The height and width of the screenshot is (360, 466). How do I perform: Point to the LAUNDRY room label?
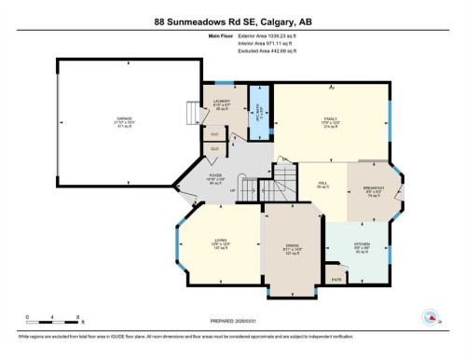[x=222, y=104]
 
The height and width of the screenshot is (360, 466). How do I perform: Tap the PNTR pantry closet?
[x=336, y=279]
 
